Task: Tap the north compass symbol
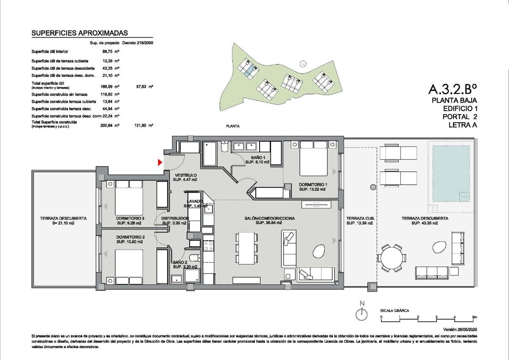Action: click(x=361, y=314)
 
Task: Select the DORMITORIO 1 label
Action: click(x=312, y=187)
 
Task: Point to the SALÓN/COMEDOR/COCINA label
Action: click(x=263, y=220)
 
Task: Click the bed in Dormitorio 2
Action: click(x=129, y=267)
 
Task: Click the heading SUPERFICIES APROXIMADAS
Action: click(x=80, y=33)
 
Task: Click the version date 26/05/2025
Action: click(x=460, y=329)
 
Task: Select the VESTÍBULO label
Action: click(x=185, y=177)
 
